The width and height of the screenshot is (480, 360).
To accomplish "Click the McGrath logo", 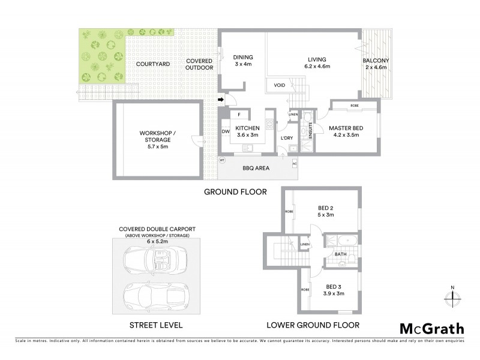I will pyautogui.click(x=431, y=328).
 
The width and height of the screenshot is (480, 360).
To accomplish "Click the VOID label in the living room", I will pyautogui.click(x=279, y=85).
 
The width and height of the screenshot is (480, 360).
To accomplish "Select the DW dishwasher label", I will pyautogui.click(x=226, y=131).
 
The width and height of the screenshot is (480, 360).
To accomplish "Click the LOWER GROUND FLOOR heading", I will pyautogui.click(x=313, y=325).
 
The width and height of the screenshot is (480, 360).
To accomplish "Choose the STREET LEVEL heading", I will pyautogui.click(x=156, y=325).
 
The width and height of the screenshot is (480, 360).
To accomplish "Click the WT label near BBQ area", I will pyautogui.click(x=222, y=160).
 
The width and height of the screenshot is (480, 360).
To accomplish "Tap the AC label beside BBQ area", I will pyautogui.click(x=295, y=164).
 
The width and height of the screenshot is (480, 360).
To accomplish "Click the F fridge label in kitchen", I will pyautogui.click(x=239, y=115).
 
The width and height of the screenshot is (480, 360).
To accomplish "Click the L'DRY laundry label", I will pyautogui.click(x=286, y=139).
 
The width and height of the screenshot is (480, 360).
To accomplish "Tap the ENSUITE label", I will pyautogui.click(x=310, y=131).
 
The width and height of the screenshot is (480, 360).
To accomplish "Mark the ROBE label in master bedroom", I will pyautogui.click(x=355, y=106).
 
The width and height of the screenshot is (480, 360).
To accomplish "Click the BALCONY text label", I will pyautogui.click(x=376, y=61).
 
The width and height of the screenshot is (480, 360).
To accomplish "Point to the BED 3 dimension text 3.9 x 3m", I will pyautogui.click(x=333, y=293).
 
